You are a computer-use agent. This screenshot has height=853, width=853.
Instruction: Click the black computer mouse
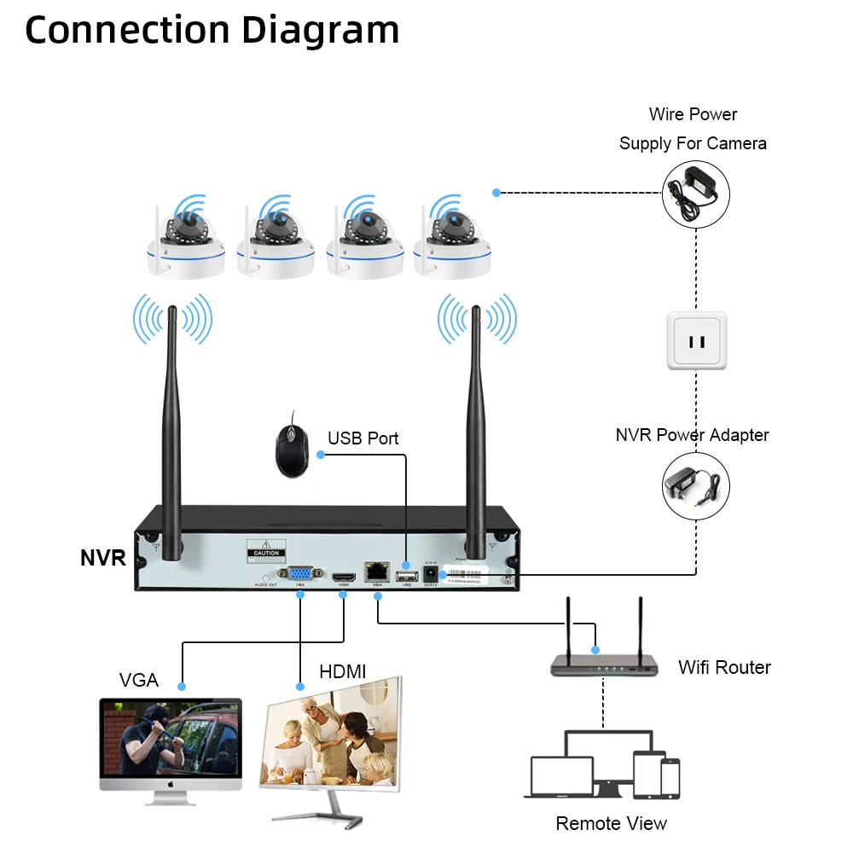[291, 444]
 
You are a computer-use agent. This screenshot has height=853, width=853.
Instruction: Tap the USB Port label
[363, 438]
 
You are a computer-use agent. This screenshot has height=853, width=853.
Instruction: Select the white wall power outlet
[697, 340]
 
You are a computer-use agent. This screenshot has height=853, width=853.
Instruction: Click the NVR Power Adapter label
[692, 435]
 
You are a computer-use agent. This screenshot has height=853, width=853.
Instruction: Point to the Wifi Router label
[724, 667]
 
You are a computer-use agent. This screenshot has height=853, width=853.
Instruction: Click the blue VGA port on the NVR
[299, 575]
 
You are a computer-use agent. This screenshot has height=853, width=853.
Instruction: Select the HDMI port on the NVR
[343, 577]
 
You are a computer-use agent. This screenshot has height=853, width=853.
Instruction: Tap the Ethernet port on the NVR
[376, 573]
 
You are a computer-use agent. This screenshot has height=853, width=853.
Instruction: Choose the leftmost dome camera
[185, 242]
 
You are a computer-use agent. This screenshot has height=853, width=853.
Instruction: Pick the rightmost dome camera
[453, 242]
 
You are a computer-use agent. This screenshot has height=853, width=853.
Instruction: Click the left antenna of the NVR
[172, 418]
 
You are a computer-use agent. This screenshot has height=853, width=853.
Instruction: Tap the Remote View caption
[611, 823]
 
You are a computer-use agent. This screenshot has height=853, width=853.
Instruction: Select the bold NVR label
[103, 559]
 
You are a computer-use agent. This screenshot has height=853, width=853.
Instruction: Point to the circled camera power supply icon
[696, 194]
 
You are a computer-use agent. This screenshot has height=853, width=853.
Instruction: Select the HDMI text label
[342, 672]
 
